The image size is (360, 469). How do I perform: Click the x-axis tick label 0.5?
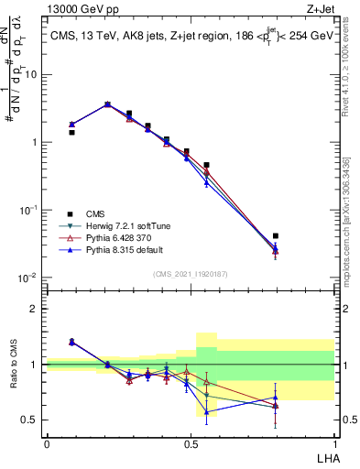[191, 443]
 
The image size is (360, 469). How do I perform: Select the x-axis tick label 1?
[333, 443]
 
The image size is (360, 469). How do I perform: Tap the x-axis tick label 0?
[47, 443]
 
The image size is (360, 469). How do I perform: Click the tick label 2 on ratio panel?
[34, 309]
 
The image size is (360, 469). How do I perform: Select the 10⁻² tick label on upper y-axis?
[27, 278]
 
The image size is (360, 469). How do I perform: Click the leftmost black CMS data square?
[71, 132]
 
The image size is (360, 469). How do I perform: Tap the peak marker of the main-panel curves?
[107, 104]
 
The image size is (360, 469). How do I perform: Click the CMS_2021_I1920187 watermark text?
[190, 274]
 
